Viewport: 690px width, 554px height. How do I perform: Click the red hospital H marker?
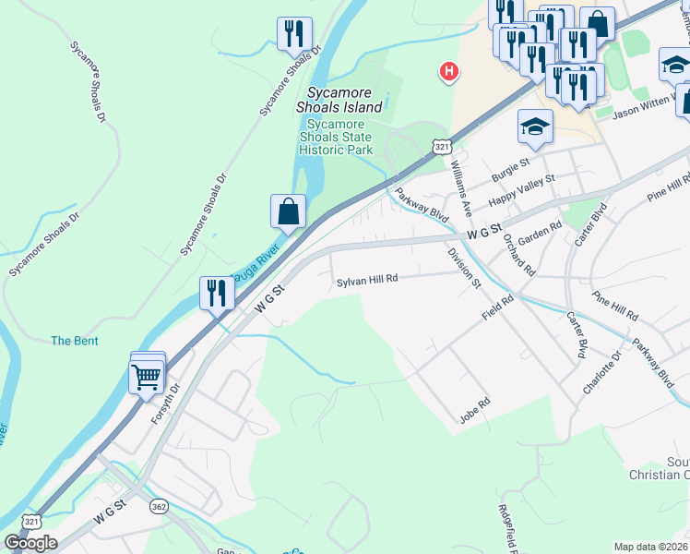(449, 70)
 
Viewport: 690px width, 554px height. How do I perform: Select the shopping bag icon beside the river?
(288, 211)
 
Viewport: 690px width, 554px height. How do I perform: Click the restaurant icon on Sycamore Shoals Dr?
(294, 34)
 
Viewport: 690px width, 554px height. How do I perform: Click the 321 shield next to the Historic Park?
(444, 147)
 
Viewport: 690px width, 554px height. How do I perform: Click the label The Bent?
(75, 341)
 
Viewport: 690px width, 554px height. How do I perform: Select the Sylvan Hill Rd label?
(366, 280)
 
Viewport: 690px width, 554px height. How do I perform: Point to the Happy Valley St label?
(521, 189)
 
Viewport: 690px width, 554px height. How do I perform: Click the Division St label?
(464, 267)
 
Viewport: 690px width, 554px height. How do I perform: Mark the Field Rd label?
(496, 307)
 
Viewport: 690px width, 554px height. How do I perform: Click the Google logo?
(30, 543)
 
